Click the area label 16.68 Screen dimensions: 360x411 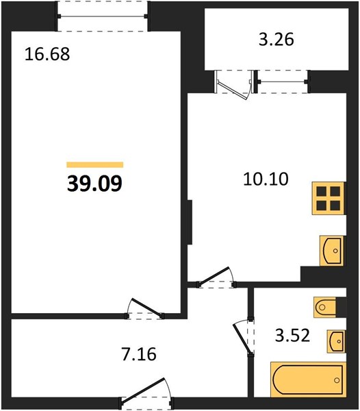click(47, 54)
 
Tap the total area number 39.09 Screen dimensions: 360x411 click(94, 183)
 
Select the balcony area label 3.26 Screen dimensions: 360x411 click(277, 40)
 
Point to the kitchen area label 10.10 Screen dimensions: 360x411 click(266, 179)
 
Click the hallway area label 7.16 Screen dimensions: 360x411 click(139, 354)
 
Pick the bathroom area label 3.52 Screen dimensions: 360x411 click(293, 336)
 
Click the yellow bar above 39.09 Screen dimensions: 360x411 click(94, 164)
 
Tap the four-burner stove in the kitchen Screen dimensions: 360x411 click(329, 199)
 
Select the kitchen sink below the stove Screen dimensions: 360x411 click(331, 251)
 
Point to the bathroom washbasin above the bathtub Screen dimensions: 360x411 click(336, 341)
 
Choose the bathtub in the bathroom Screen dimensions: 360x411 click(308, 379)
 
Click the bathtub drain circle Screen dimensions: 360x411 click(337, 380)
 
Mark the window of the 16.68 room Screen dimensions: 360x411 click(103, 16)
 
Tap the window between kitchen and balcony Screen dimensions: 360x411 click(283, 82)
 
